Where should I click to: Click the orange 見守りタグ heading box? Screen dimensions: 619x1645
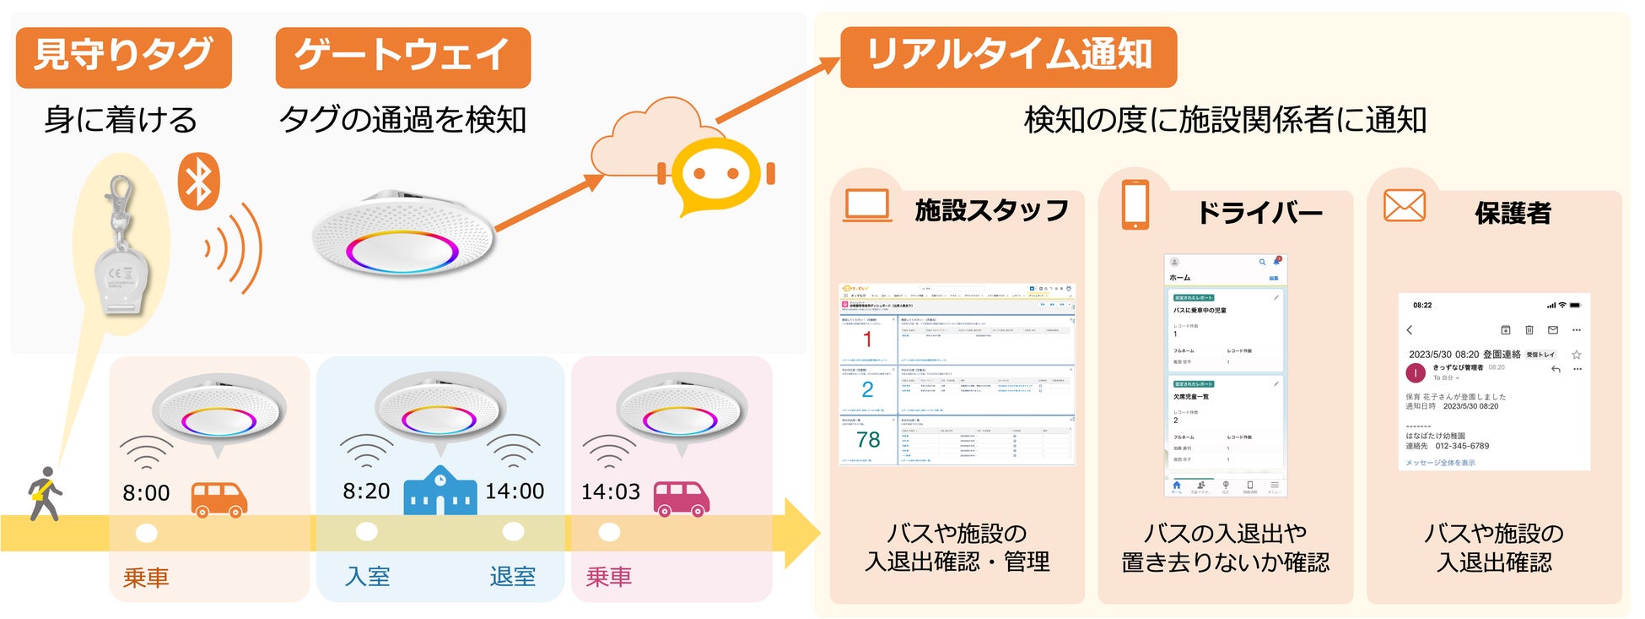[x=123, y=57]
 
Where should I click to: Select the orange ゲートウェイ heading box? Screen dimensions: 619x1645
[x=402, y=57]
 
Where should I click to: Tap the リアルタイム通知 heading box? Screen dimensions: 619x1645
[x=1008, y=57]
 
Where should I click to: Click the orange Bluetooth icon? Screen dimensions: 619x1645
[x=199, y=182]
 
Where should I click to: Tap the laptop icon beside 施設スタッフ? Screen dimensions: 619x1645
[x=866, y=205]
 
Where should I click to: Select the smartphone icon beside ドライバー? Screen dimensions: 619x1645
[x=1135, y=204]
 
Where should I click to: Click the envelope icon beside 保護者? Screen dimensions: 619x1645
[x=1405, y=205]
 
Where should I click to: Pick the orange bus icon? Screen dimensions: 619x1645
[x=218, y=498]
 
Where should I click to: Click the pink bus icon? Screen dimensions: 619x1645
[x=682, y=497]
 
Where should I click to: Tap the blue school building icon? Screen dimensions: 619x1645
[x=438, y=491]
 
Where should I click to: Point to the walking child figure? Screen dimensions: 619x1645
[x=46, y=493]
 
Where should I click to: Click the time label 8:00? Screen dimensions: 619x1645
[x=146, y=493]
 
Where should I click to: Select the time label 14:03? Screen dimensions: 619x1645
[x=611, y=491]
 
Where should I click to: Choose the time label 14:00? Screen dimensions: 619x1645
[x=515, y=491]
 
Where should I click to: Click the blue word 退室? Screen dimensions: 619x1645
[x=513, y=577]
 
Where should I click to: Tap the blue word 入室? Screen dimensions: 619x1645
[x=368, y=577]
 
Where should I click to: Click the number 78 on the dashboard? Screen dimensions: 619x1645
[x=868, y=440]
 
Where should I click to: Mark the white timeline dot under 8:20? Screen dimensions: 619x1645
[x=367, y=532]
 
